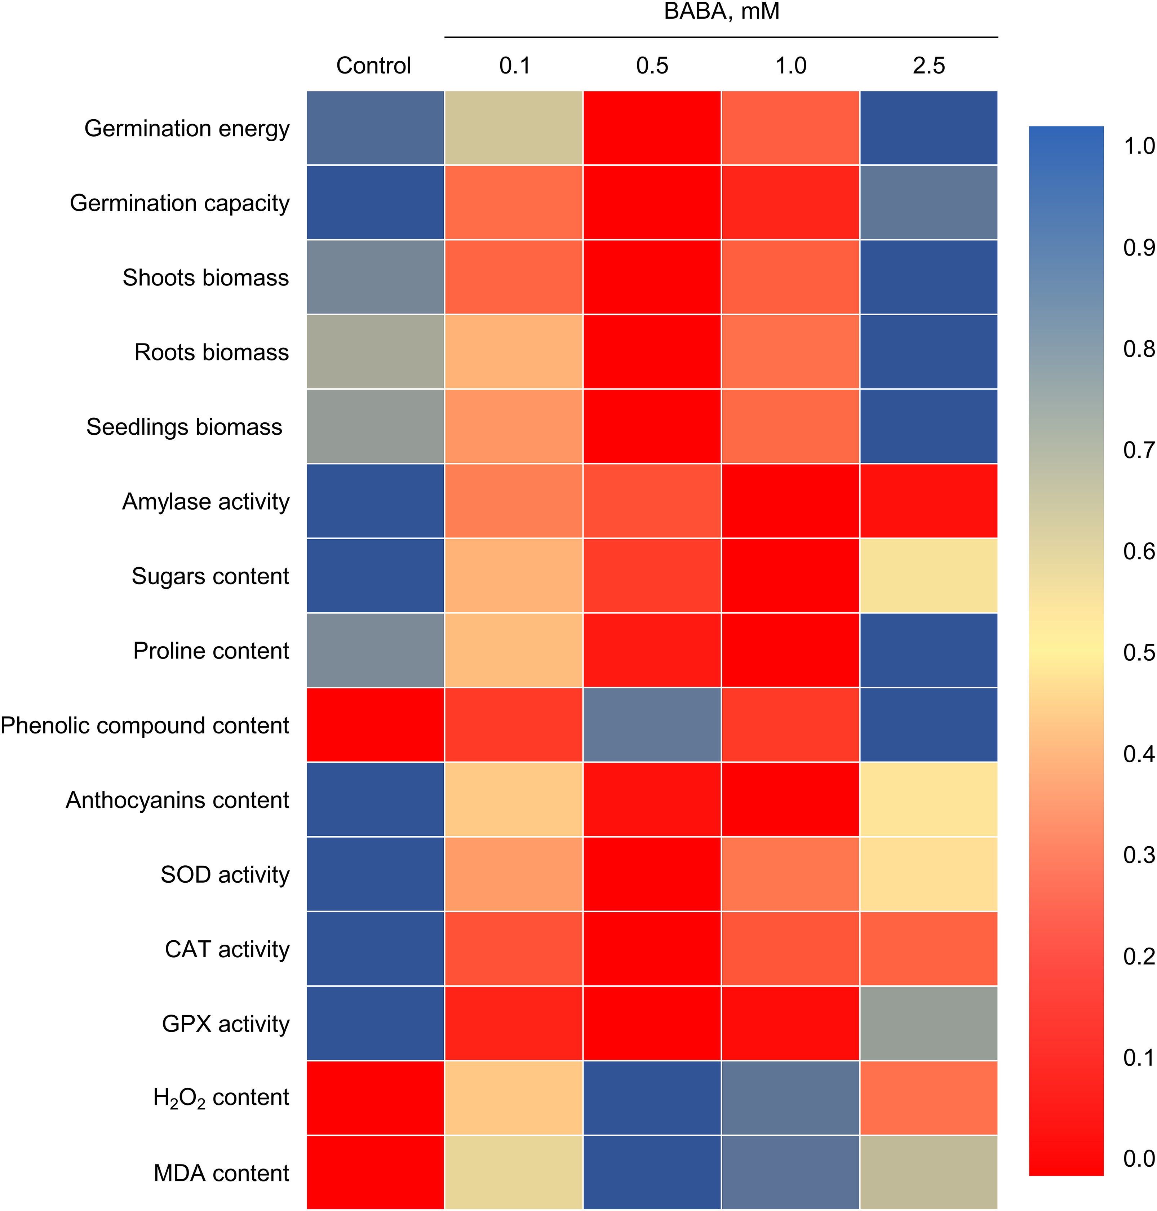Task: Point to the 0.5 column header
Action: coord(652,65)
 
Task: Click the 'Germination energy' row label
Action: coord(187,128)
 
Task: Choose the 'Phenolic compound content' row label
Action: coord(145,725)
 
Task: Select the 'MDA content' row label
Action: coord(221,1173)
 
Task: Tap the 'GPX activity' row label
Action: coord(225,1024)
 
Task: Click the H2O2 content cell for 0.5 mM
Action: coord(652,1097)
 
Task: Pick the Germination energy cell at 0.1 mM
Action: coord(514,128)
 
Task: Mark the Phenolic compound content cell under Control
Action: coord(375,725)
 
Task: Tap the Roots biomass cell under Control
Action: coord(375,352)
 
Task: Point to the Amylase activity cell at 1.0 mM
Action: coord(790,501)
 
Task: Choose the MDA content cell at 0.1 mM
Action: coord(514,1173)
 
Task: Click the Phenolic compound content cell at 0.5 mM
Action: coord(652,725)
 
